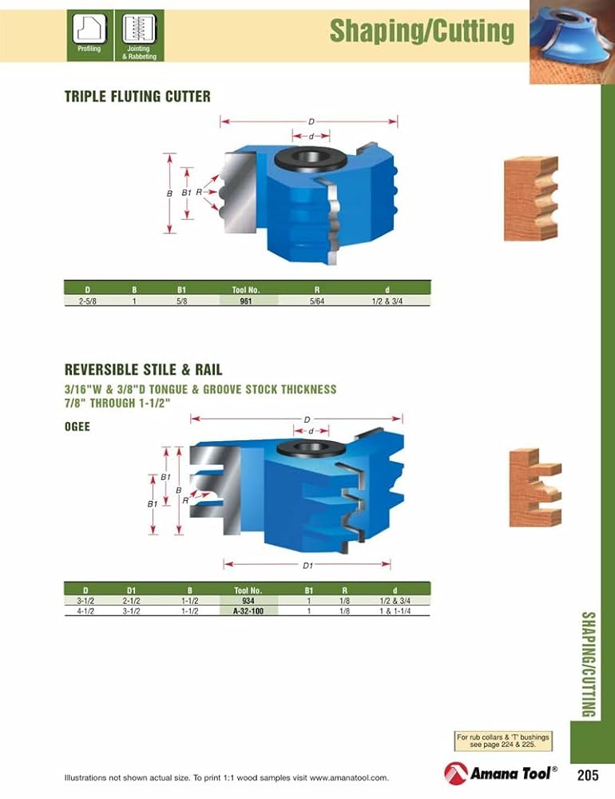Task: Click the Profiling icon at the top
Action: (x=89, y=30)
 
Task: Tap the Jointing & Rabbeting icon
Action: (x=139, y=30)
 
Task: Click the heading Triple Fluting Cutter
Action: (x=137, y=97)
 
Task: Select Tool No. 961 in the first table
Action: (x=246, y=300)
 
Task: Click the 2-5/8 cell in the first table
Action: (x=86, y=300)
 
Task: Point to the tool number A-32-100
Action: (x=248, y=610)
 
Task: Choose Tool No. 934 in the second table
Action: (x=248, y=600)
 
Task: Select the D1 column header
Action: (x=132, y=590)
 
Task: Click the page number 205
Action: (x=588, y=775)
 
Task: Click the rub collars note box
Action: (x=500, y=741)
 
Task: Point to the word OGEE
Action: (x=77, y=427)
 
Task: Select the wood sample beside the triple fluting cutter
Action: (x=530, y=199)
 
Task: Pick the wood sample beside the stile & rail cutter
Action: (x=535, y=487)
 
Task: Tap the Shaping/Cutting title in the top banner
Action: (x=422, y=31)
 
